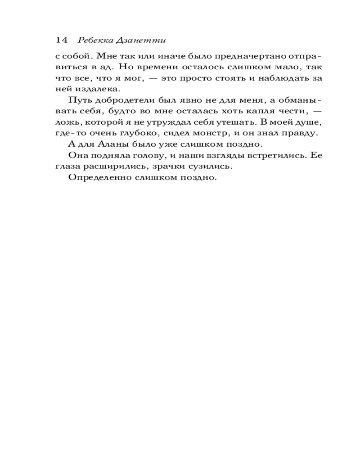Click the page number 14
pos(62,40)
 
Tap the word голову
pos(147,156)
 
